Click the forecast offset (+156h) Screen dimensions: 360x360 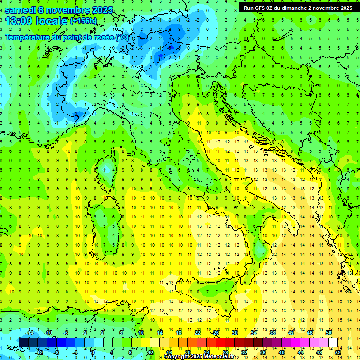pos(82,21)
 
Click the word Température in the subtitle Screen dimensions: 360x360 pos(28,37)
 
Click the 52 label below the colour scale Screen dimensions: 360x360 pos(338,352)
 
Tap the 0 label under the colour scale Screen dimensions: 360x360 pos(93,352)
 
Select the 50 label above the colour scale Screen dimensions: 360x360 pos(329,333)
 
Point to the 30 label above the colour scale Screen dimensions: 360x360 pos(235,333)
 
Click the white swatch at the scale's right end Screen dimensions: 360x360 pos(333,342)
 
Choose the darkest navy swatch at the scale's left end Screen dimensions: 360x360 pos(23,342)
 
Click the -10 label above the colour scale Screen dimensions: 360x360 pos(47,333)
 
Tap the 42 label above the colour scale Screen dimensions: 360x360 pos(291,333)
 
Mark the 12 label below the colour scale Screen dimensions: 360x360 pos(150,352)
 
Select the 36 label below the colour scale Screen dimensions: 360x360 pos(263,352)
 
